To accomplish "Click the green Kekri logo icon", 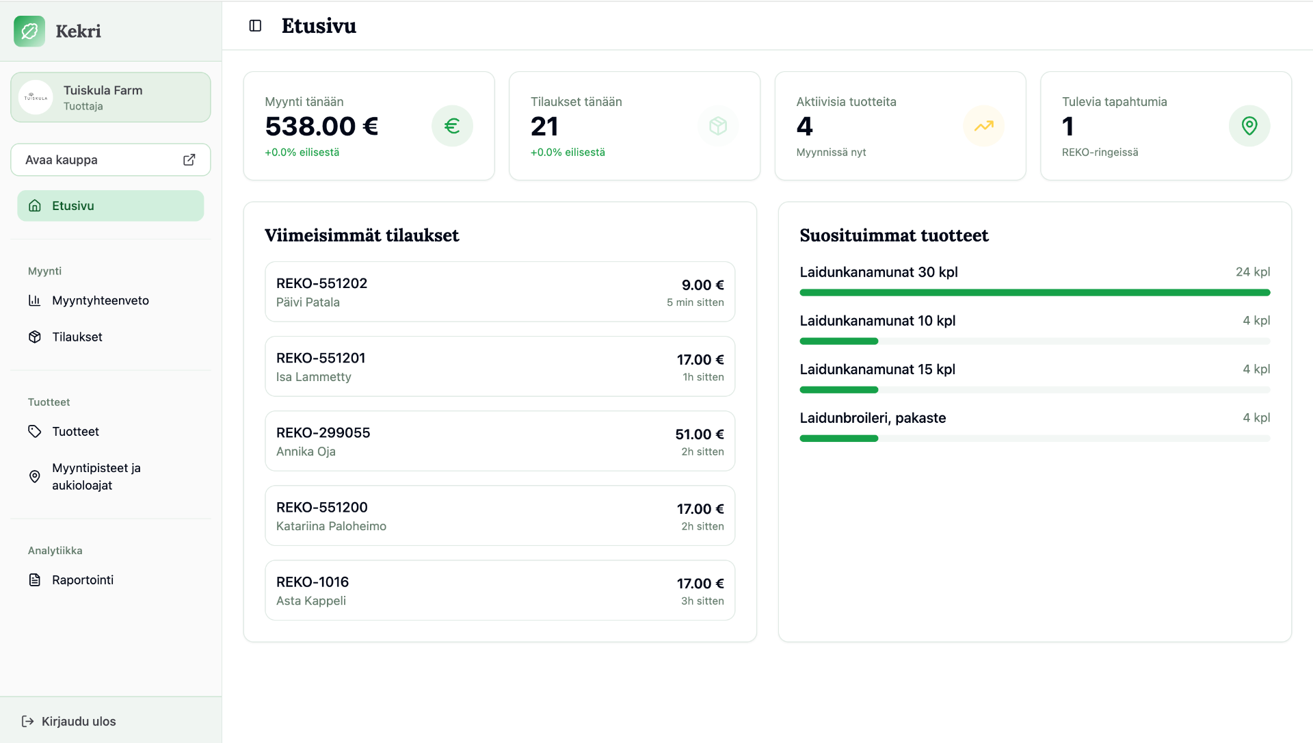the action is tap(29, 31).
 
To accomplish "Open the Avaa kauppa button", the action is tap(111, 159).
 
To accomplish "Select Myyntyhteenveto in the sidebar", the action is tap(101, 300).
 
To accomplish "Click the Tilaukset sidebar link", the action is tap(77, 337).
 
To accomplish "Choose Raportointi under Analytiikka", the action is tap(83, 579).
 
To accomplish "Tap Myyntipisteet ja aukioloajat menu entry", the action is tap(96, 476).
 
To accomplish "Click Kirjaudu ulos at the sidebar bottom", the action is tap(79, 721).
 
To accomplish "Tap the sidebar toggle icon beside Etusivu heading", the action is tap(255, 26).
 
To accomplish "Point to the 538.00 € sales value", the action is tap(321, 127).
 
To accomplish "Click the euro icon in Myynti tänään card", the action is tap(452, 126).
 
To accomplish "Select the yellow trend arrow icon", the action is tap(983, 126).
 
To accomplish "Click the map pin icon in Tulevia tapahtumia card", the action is tap(1249, 126).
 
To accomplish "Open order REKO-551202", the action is tap(321, 283).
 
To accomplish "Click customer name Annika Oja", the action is tap(306, 452).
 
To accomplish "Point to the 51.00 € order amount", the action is tap(700, 434).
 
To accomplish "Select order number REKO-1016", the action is tap(313, 582).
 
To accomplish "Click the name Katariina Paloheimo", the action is tap(331, 526).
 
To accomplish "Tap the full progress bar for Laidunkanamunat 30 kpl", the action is tap(1035, 293).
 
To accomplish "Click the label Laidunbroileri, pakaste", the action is tap(873, 418).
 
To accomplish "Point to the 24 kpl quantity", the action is tap(1253, 272).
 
